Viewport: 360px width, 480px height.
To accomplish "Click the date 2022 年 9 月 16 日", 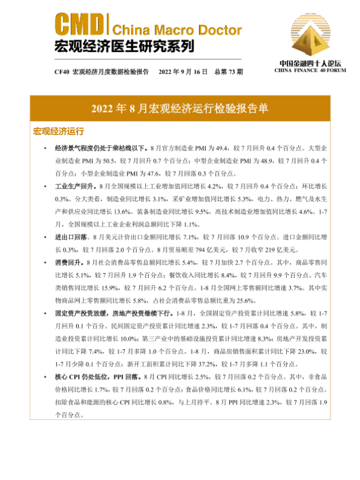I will [x=184, y=71].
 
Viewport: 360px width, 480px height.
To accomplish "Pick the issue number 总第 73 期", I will [x=228, y=71].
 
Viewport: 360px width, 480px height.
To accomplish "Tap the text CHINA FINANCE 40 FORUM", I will [x=310, y=70].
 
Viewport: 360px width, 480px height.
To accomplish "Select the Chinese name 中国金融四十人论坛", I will [x=310, y=62].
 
